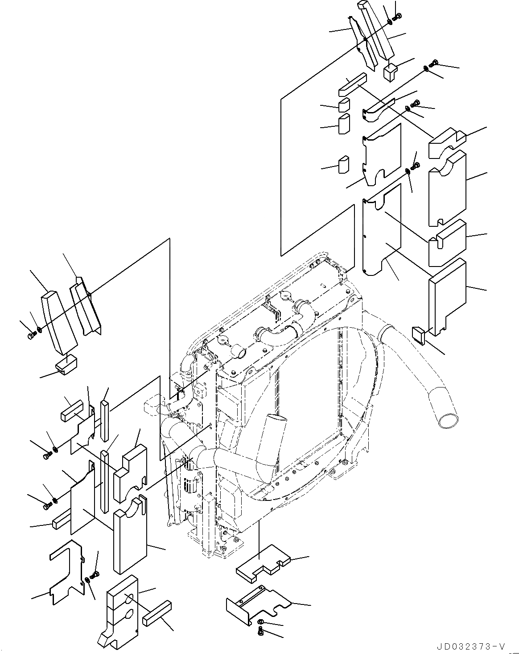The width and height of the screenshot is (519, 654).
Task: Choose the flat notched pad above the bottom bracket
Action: (263, 564)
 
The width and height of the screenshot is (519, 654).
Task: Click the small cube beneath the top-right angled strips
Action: (391, 72)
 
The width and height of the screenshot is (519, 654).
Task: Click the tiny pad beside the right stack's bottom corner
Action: (420, 334)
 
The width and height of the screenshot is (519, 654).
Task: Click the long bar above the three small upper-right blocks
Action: (352, 85)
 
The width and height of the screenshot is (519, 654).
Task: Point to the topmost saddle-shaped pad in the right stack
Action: (446, 143)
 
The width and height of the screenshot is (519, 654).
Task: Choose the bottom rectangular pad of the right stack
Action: (447, 297)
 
